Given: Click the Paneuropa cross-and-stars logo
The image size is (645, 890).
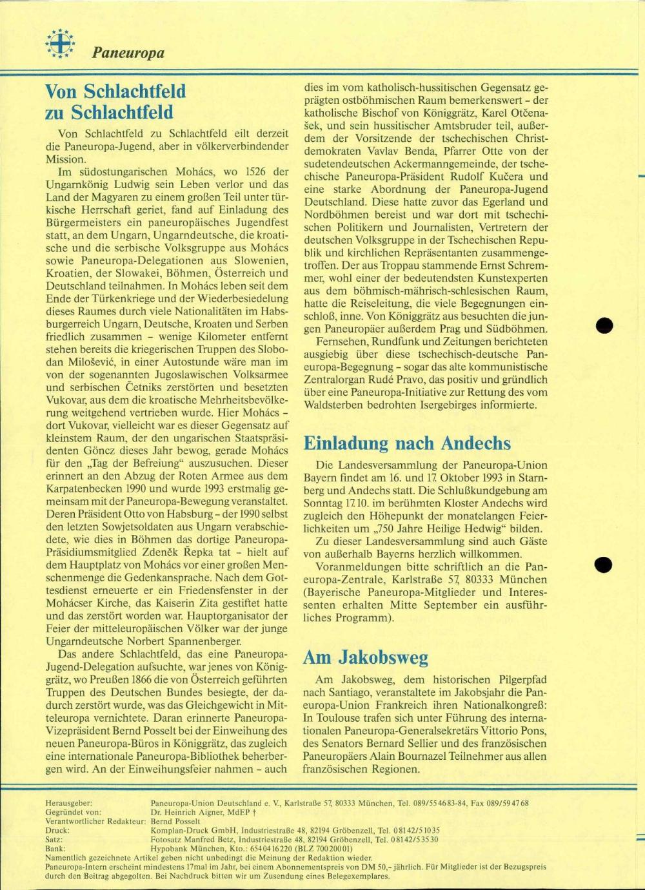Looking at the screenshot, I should (60, 44).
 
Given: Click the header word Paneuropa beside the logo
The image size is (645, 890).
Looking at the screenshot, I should (128, 53).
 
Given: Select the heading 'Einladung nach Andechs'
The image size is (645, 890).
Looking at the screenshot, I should (406, 443).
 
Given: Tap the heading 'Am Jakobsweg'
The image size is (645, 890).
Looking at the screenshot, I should (365, 657).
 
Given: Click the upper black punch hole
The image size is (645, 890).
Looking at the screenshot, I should (604, 326).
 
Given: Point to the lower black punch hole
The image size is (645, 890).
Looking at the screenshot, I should (604, 565).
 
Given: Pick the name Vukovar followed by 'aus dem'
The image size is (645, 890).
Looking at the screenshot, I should (67, 400).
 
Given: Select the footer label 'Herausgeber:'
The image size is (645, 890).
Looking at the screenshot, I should (69, 803).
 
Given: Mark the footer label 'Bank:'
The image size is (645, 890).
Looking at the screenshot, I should (56, 849).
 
